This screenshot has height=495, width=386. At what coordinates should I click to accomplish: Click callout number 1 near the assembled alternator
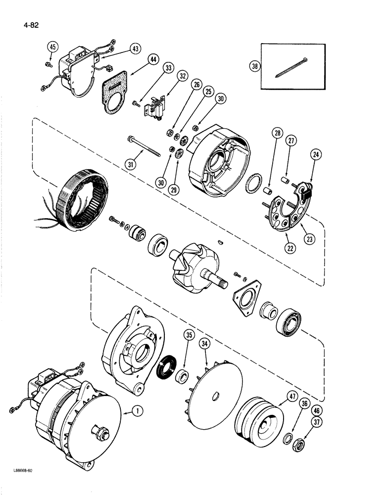131,410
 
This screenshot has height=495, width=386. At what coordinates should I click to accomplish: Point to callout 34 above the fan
204,343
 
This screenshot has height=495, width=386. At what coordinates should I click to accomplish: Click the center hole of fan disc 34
216,395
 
